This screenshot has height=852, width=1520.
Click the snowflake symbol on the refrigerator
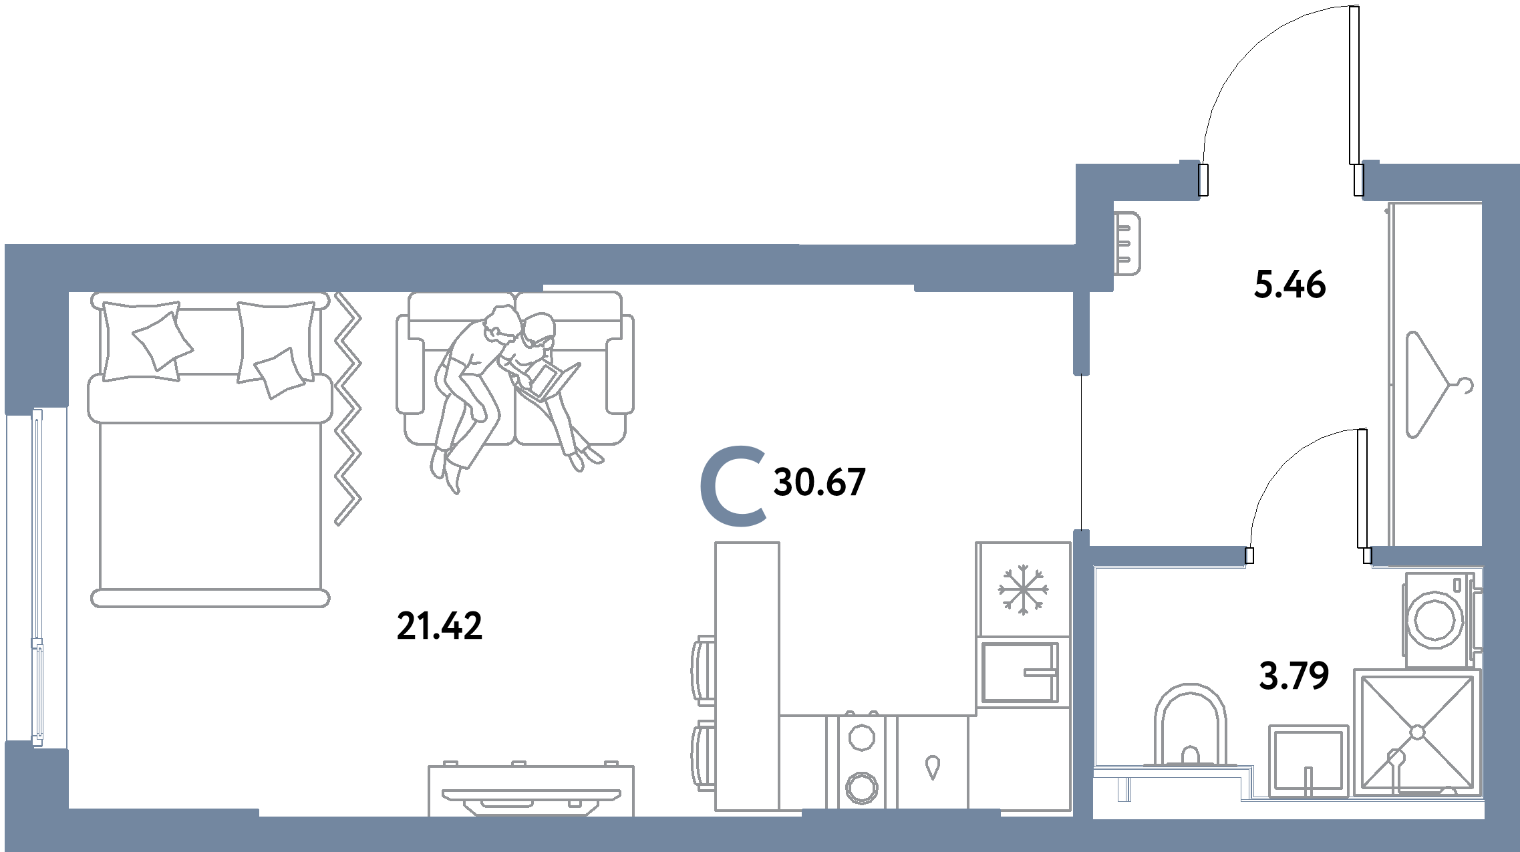[1023, 590]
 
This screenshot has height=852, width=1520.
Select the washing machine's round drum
[1434, 619]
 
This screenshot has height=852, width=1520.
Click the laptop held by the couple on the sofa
[549, 382]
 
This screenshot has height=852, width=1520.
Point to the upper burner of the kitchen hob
[861, 738]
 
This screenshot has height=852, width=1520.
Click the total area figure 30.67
[819, 482]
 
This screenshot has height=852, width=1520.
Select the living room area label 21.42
[439, 626]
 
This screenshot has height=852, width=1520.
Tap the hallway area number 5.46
[1289, 285]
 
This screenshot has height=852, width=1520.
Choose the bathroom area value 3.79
[1294, 676]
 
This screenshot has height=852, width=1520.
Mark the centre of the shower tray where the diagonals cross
[1417, 732]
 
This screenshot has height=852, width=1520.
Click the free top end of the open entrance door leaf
[1354, 7]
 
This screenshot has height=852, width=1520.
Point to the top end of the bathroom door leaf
[1362, 430]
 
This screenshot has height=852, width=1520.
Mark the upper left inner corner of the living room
[69, 292]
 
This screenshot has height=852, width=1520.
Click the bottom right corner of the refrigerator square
[1070, 635]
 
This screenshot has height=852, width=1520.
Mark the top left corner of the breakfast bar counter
[716, 543]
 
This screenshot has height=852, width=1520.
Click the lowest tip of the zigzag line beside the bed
[337, 525]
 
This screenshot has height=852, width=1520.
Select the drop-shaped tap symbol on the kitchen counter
[933, 766]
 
